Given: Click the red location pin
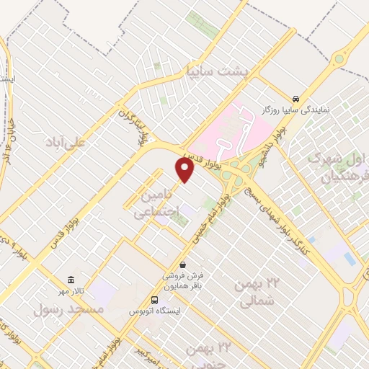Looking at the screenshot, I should click(x=185, y=169).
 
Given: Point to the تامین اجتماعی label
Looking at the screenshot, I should click(x=149, y=204).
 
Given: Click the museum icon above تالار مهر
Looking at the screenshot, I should click(x=71, y=280).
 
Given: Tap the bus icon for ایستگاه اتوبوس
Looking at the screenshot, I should click(x=154, y=300).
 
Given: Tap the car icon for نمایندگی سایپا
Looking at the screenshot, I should click(x=295, y=98).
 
